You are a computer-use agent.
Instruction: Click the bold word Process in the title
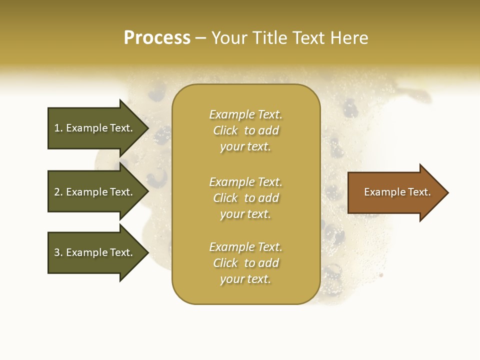[x=157, y=38]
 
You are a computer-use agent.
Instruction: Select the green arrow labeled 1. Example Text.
[x=95, y=128]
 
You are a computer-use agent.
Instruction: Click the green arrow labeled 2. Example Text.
[x=95, y=192]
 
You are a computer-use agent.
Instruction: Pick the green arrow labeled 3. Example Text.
[x=95, y=252]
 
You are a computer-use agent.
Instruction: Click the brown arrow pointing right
[x=395, y=192]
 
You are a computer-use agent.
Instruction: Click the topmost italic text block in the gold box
[x=245, y=130]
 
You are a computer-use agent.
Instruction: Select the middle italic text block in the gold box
[x=245, y=198]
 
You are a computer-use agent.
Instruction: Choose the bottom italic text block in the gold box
[x=245, y=263]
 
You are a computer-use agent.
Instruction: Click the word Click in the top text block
[x=225, y=130]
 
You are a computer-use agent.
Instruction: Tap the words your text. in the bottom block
[x=245, y=279]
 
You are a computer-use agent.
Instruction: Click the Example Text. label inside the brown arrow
[x=397, y=192]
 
